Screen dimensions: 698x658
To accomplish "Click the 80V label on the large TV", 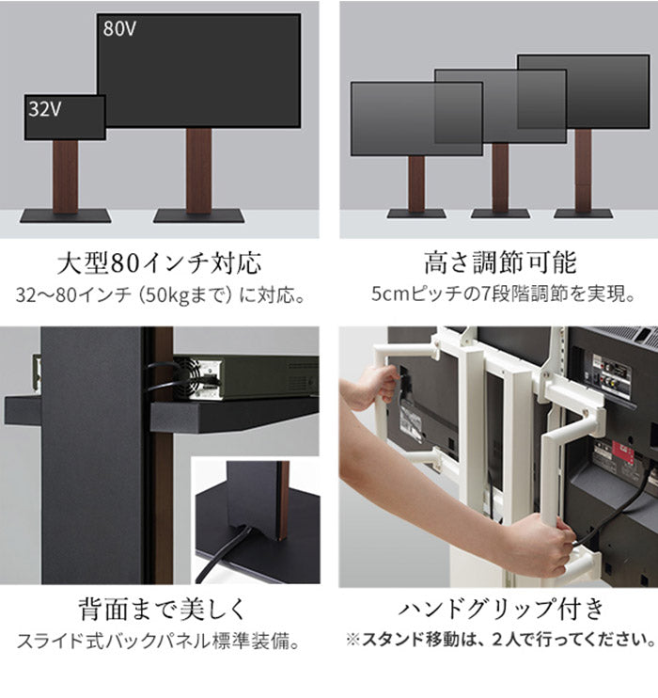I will tap(119, 28).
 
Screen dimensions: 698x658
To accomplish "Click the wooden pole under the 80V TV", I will tap(198, 169).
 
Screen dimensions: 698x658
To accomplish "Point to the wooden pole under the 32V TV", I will tap(65, 175).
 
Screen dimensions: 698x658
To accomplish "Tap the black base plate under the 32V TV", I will tap(65, 216).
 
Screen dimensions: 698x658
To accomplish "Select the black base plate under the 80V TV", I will tap(198, 216).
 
